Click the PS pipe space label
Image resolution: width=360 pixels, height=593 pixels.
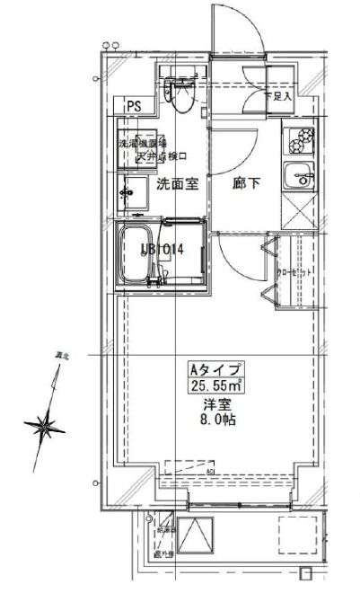tap(134, 106)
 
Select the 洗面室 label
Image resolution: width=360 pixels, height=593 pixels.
tap(177, 185)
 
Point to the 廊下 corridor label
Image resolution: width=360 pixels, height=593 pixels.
tap(246, 185)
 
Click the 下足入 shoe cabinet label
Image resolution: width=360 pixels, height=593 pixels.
tap(277, 96)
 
